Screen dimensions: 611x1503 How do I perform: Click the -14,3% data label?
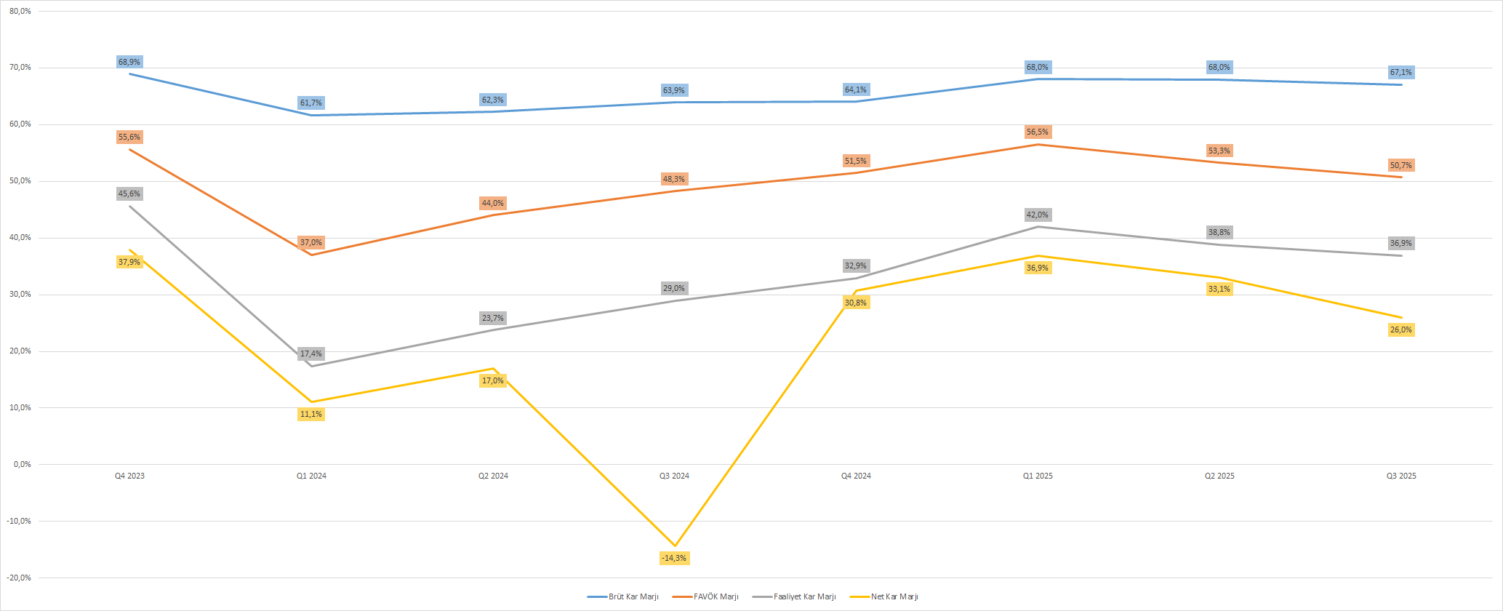pos(674,558)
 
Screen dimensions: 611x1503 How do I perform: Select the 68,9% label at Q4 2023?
pos(129,62)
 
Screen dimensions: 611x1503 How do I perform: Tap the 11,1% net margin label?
pos(310,414)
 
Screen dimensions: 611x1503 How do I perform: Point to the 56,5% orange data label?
pos(1038,132)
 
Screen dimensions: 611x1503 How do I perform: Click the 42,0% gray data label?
pos(1038,215)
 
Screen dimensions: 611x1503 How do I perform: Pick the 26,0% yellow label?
pos(1400,330)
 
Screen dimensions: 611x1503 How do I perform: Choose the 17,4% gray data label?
pos(310,354)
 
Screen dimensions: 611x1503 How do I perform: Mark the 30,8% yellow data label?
pos(856,303)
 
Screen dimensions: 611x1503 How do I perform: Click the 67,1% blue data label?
pos(1400,72)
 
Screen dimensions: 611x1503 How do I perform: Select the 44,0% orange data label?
pos(492,203)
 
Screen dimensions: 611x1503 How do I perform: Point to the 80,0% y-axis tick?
pos(20,11)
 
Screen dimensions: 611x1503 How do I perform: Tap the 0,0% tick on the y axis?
pos(23,464)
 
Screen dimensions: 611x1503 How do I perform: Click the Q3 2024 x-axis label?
pos(674,476)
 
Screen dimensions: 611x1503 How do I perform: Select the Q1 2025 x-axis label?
pos(1038,476)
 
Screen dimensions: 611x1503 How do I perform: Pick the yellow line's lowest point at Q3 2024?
pos(675,546)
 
